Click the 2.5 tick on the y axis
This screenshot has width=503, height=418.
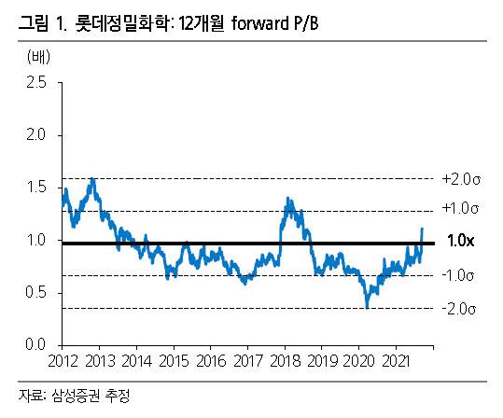[x=35, y=83]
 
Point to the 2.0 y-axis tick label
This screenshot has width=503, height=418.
[x=35, y=135]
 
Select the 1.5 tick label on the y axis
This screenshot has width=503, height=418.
[x=35, y=188]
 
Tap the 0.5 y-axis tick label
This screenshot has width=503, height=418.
[x=35, y=293]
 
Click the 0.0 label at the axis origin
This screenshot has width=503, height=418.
[x=35, y=345]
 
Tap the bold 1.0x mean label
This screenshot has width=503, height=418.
[x=461, y=242]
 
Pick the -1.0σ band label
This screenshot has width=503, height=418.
[x=461, y=275]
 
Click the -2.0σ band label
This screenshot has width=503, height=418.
[x=461, y=308]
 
